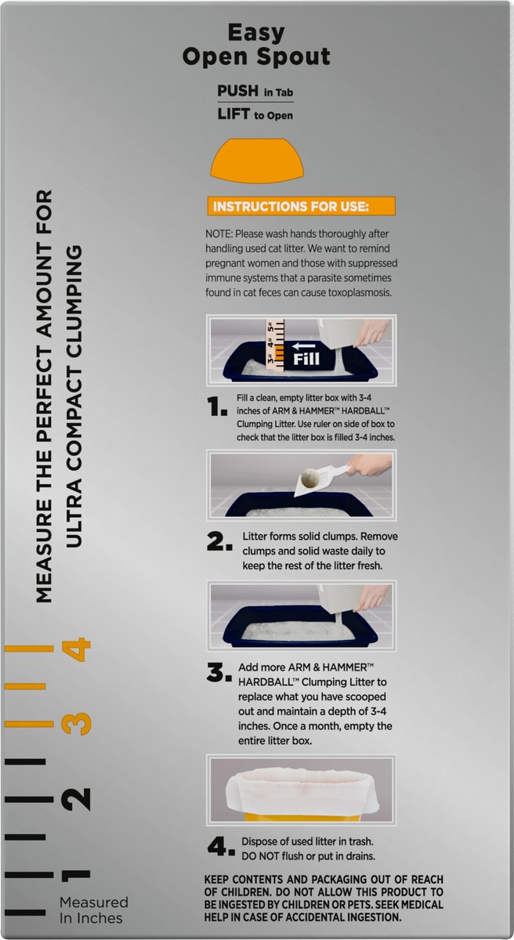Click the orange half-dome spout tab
coord(257,161)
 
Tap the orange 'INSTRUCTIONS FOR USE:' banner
coord(301,206)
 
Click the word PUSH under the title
coord(238,91)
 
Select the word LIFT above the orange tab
coord(233,114)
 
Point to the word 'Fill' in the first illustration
coord(306,359)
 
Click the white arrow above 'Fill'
coord(304,345)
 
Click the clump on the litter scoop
coord(310,479)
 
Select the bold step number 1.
coord(217,407)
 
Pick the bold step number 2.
coord(219,541)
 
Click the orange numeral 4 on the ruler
coord(76,649)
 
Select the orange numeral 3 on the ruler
coord(76,724)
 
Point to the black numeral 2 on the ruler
coord(76,799)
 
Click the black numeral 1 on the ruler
coord(76,875)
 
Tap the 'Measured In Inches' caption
coord(93,909)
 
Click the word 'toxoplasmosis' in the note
coord(360,292)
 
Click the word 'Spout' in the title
coord(294,56)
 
